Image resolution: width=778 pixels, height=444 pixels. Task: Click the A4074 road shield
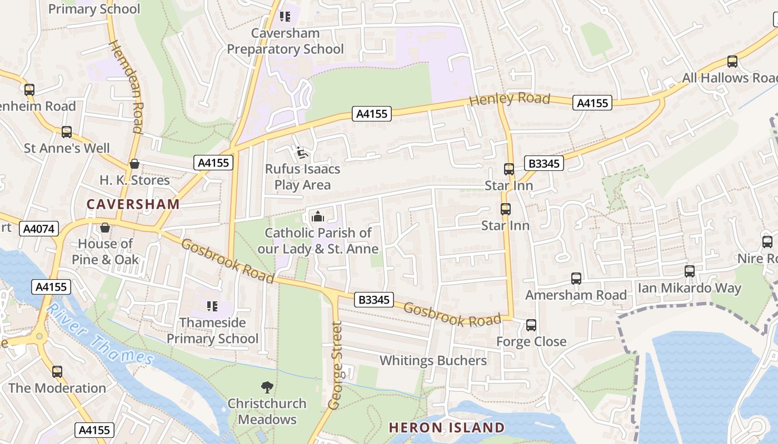39,228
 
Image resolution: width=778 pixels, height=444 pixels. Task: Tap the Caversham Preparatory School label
285,41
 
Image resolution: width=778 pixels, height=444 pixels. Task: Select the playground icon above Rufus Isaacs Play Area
301,153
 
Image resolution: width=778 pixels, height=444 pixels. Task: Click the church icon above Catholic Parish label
318,216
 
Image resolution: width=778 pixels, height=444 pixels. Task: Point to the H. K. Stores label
134,180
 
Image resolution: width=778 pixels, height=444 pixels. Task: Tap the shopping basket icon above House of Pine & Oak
105,228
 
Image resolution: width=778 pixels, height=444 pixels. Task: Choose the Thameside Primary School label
212,330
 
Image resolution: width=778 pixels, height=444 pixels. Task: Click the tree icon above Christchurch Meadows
267,387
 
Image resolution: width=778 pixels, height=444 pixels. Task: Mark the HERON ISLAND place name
446,427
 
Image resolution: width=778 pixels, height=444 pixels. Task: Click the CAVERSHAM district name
133,204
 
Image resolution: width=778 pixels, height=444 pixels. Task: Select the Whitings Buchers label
433,360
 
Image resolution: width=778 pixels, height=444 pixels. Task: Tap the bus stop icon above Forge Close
531,325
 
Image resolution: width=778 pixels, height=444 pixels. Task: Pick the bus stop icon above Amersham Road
576,279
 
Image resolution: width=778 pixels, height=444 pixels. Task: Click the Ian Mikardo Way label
689,288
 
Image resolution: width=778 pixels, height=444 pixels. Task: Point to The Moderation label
57,388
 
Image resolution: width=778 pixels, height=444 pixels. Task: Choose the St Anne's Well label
67,148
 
